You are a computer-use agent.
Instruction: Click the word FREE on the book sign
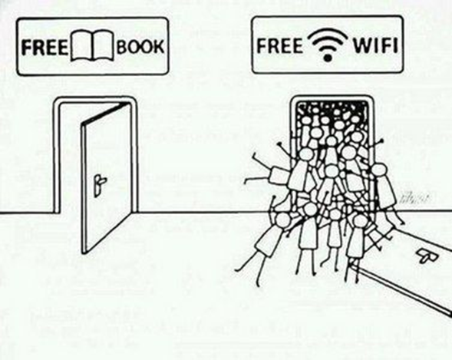click(45, 48)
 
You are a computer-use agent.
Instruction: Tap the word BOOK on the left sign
click(140, 46)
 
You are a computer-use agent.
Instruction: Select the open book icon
click(92, 46)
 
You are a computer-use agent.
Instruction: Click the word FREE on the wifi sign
click(279, 45)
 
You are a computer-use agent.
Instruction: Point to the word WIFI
click(375, 45)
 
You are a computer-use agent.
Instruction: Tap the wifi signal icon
click(327, 45)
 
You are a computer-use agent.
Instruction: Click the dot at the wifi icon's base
click(327, 58)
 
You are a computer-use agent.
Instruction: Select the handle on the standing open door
click(100, 184)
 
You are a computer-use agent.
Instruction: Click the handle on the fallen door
click(427, 256)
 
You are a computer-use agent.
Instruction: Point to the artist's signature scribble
click(414, 199)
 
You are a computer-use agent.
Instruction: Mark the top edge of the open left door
click(105, 114)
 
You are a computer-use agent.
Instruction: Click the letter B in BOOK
click(122, 46)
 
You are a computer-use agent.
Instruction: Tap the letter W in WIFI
click(361, 45)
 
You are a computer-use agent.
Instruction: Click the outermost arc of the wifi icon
click(327, 32)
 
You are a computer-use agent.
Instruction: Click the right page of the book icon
click(103, 46)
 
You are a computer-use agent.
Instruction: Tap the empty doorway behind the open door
click(71, 161)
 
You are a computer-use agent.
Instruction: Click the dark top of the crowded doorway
click(333, 107)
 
